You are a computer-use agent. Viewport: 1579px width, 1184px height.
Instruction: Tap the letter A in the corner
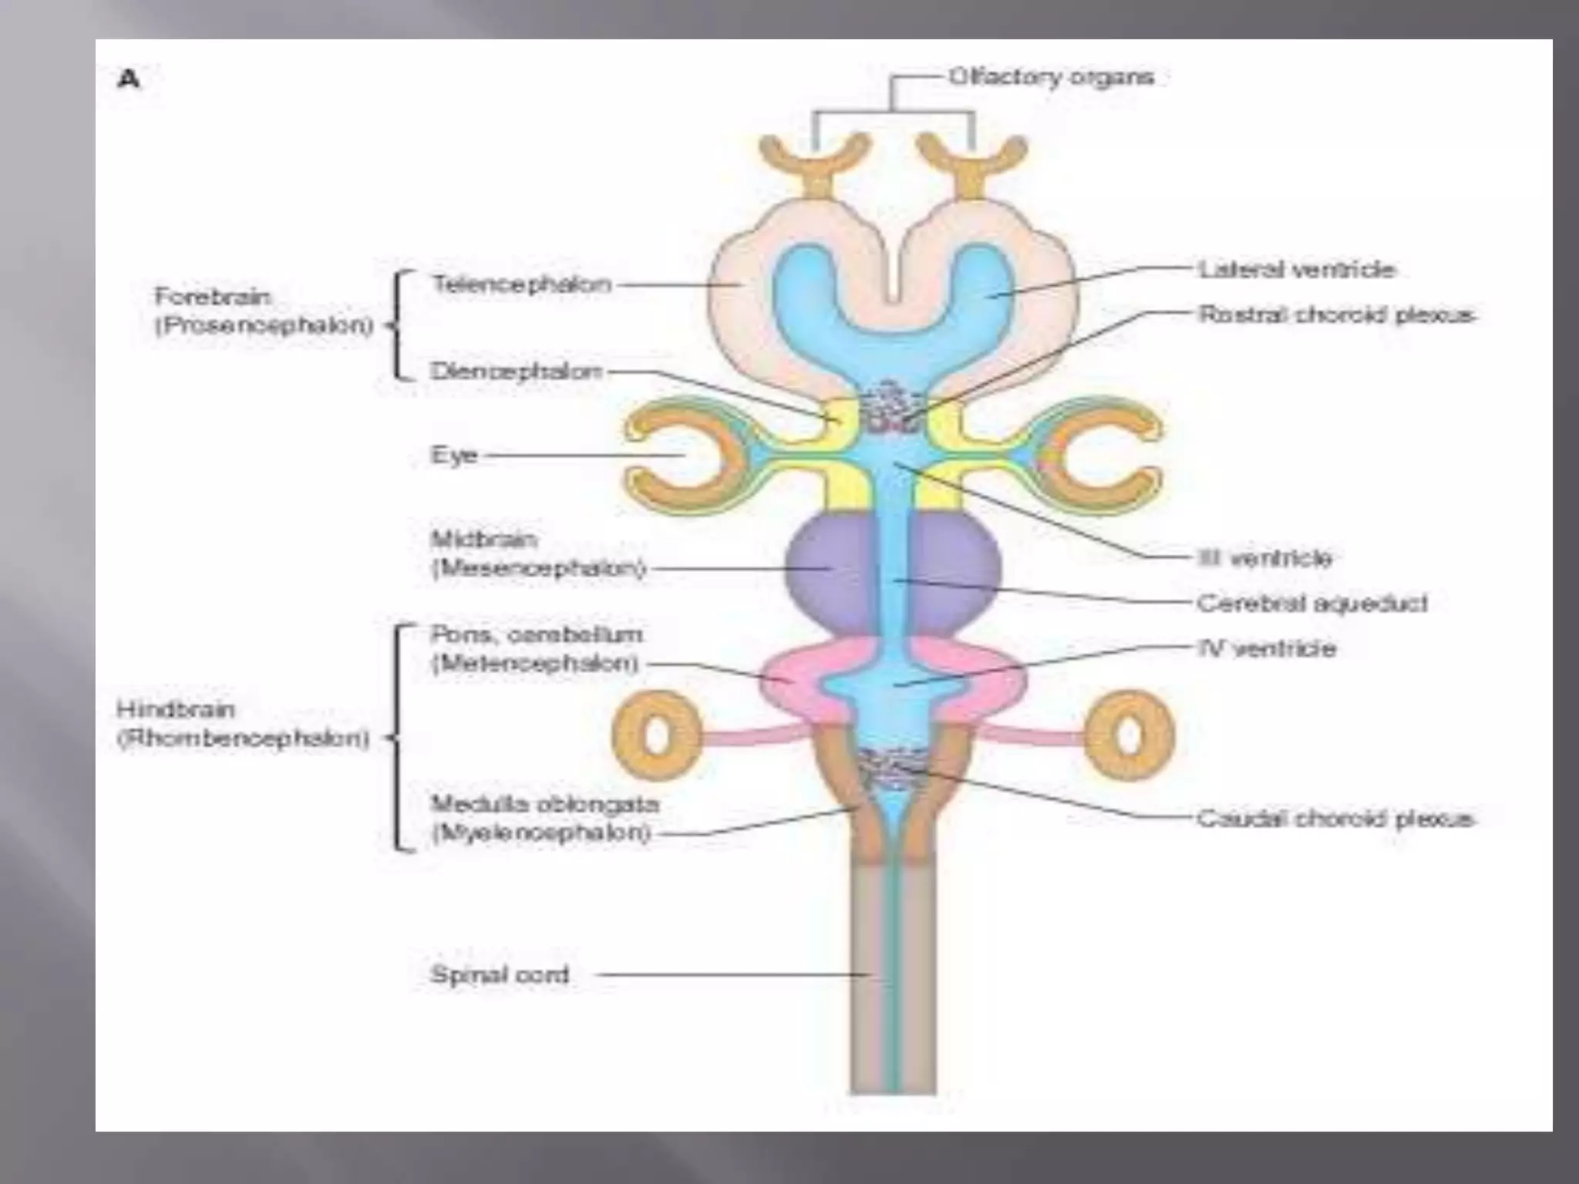point(129,79)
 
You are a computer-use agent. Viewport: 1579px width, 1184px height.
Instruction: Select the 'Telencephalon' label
point(522,284)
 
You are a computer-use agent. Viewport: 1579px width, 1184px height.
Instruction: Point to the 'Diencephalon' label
point(516,372)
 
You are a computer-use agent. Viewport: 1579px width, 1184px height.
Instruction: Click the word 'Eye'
point(454,455)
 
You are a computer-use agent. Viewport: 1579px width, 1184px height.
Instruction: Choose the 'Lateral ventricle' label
point(1296,270)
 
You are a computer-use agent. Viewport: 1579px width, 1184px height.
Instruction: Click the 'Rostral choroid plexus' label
point(1336,314)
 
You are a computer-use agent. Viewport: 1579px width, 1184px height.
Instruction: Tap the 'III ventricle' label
point(1264,557)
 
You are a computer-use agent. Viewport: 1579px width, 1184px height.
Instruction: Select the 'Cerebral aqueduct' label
point(1311,603)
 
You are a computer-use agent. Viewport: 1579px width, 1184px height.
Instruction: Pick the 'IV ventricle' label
point(1267,648)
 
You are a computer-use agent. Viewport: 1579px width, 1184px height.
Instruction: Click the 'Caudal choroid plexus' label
point(1335,818)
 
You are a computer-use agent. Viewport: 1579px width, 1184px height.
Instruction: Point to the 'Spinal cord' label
point(500,974)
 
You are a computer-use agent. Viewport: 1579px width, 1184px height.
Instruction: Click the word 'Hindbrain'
point(175,709)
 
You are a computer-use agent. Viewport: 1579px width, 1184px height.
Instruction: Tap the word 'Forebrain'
point(213,297)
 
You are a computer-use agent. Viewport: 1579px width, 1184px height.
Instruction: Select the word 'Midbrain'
point(483,539)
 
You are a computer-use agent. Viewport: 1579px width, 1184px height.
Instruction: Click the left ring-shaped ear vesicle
point(657,735)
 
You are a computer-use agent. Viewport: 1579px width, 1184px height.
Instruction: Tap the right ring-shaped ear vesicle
point(1130,735)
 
